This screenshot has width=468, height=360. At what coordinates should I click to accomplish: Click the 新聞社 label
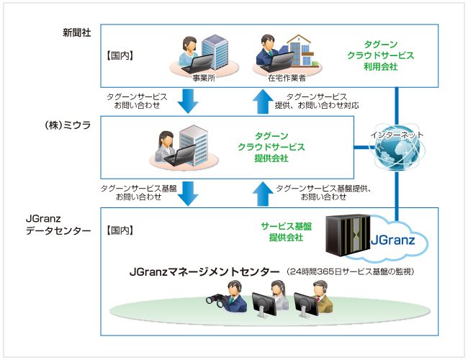tap(76, 33)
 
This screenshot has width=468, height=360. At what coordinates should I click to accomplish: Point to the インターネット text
tap(397, 134)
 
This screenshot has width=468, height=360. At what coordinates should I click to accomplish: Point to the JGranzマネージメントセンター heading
tap(204, 271)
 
